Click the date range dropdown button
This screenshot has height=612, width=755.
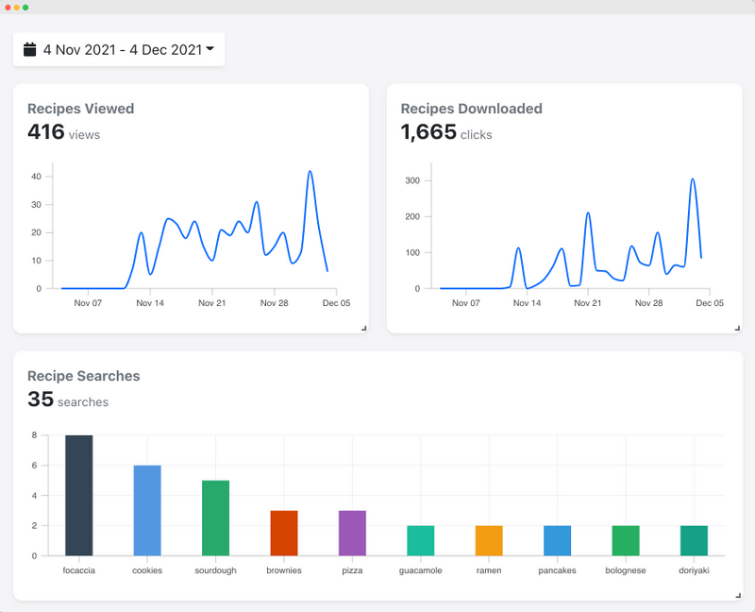119,49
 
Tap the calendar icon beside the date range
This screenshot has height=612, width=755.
30,49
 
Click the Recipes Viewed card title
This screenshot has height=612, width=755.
80,109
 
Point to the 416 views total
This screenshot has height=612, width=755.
46,132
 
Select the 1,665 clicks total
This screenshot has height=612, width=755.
428,132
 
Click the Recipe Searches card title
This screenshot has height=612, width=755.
83,376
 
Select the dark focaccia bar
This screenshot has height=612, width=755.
78,495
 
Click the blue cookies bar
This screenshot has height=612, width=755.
147,510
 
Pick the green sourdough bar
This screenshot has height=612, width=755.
215,518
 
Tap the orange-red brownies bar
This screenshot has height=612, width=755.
284,533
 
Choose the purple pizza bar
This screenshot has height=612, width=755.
352,533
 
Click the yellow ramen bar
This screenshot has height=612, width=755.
489,540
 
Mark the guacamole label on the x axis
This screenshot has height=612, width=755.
420,570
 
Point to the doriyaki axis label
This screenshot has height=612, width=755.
694,570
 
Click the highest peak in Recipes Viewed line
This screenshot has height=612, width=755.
310,172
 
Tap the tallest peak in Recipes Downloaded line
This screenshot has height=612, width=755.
693,178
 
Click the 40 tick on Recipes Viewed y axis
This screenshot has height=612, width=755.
36,177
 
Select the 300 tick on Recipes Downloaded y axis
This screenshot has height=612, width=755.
412,180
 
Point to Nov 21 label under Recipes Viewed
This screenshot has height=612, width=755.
212,303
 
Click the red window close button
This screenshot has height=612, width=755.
8,7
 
